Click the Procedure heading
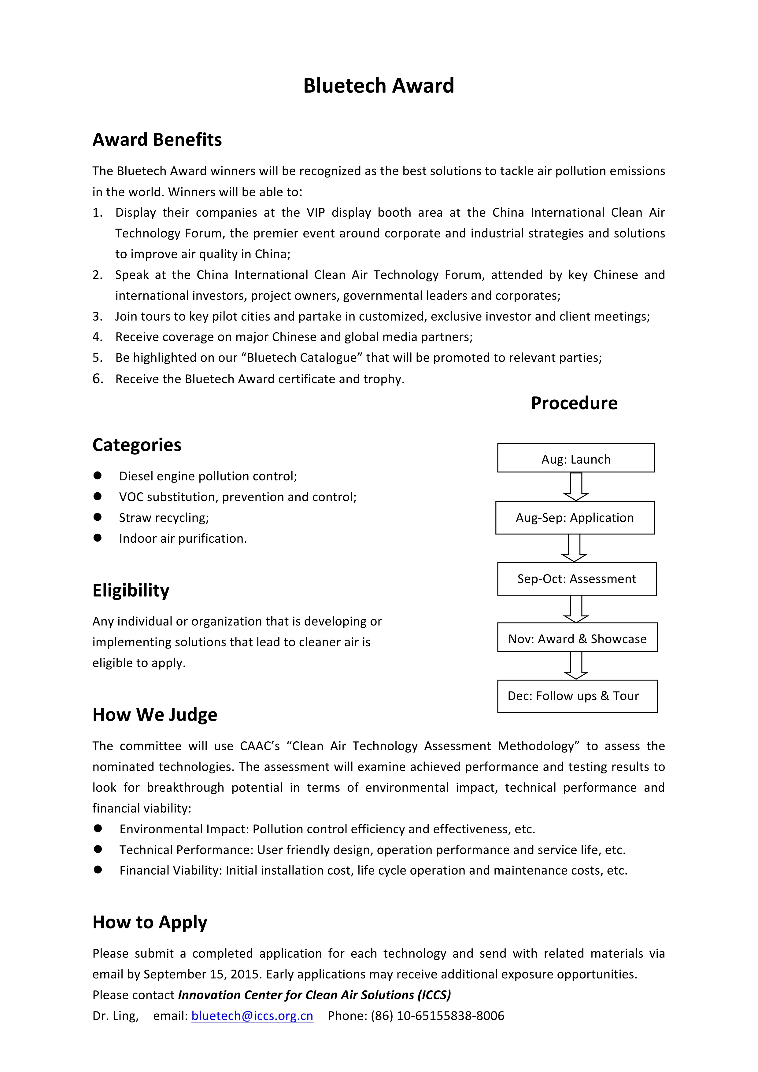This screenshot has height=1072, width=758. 574,403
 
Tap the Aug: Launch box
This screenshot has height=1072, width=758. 575,458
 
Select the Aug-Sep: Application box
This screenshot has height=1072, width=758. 575,517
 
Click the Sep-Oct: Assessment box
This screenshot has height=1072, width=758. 576,579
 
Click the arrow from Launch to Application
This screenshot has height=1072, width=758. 575,486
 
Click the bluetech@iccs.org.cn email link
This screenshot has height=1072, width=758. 252,1016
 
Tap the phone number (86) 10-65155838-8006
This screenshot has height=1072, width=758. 437,1016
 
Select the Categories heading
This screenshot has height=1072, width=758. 137,445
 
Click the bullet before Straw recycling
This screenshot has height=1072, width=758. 98,517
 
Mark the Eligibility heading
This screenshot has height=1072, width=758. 131,590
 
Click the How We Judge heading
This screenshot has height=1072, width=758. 155,715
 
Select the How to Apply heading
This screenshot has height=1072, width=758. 150,922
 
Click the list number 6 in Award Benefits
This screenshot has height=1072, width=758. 97,379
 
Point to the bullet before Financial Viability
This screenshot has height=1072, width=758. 98,870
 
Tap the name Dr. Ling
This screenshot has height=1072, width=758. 115,1016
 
